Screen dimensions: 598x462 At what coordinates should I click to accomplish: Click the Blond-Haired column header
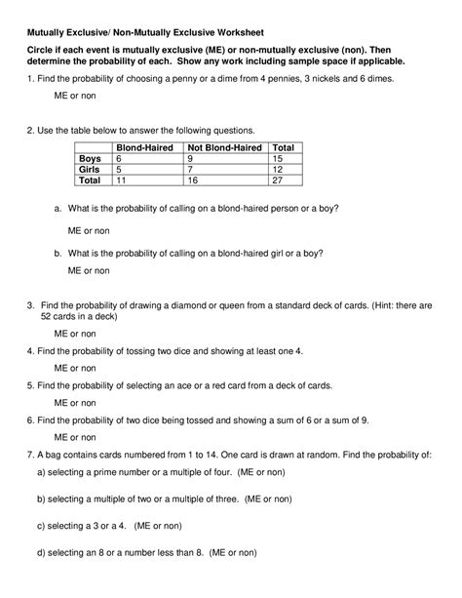click(x=145, y=147)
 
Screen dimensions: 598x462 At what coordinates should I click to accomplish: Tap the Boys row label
click(x=90, y=158)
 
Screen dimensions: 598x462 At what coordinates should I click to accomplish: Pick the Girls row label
click(x=90, y=169)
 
